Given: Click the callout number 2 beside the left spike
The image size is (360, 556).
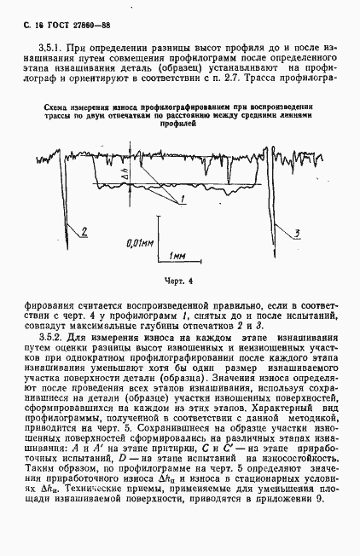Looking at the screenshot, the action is click(84, 228).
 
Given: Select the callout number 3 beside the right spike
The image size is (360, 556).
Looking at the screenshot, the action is click(295, 232).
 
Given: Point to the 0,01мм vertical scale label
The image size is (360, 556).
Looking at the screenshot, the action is click(139, 242).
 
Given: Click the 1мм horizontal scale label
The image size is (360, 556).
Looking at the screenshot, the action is click(179, 255).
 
